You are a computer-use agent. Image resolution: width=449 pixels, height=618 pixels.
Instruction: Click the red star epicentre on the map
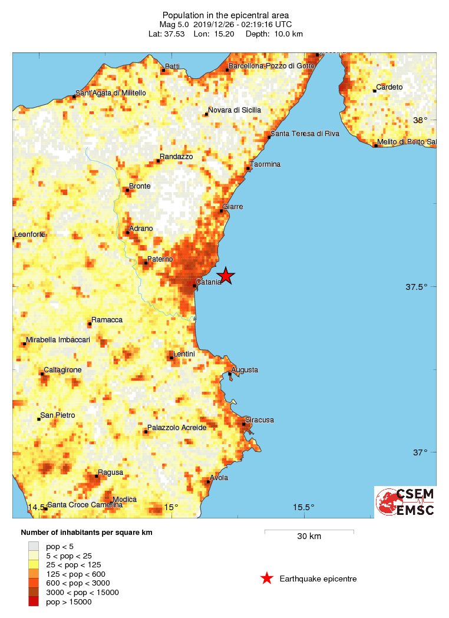[x=226, y=275]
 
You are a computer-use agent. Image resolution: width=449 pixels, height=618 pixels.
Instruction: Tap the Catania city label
[x=209, y=282]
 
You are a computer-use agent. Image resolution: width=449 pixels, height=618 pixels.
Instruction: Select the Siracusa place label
[x=260, y=420]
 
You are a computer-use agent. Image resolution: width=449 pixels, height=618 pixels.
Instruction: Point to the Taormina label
[x=265, y=164]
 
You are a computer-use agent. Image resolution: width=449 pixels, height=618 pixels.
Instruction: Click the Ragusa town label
[x=111, y=472]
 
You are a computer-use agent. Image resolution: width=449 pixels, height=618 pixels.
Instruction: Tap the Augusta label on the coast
[x=245, y=370]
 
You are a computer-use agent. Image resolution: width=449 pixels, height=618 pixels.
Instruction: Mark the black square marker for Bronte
[x=127, y=190]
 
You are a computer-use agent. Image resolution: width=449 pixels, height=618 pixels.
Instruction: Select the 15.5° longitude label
[x=304, y=507]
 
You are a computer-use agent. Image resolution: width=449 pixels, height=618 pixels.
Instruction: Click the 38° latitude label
[x=420, y=120]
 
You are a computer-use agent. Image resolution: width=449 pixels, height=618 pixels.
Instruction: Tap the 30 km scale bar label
[x=309, y=537]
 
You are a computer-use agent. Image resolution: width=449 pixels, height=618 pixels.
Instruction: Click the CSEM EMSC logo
[x=405, y=502]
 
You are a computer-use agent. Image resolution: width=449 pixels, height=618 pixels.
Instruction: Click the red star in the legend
[x=267, y=579]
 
